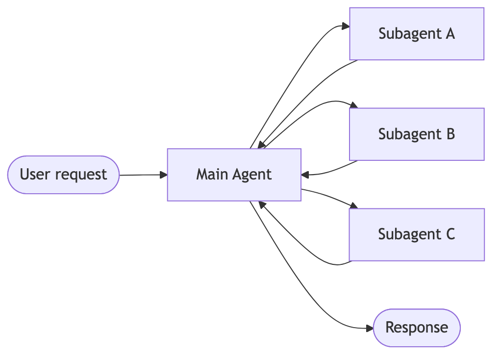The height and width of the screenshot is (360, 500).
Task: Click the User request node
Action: point(64,175)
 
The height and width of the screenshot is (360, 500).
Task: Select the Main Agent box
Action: point(234,175)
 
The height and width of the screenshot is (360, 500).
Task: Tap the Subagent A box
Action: point(417,34)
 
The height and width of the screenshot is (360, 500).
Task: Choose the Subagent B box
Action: point(417,134)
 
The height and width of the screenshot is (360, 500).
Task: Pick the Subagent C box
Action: point(417,234)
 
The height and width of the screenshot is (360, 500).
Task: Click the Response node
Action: point(417,328)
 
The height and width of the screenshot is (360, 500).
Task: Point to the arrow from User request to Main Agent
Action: point(142,175)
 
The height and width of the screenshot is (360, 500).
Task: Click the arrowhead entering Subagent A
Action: point(345,26)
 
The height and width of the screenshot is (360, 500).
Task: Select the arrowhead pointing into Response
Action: point(369,328)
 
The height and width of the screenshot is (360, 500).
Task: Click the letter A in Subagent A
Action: point(450,34)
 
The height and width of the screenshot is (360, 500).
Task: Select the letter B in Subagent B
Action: point(450,134)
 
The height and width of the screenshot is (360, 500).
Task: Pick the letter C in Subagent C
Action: point(450,234)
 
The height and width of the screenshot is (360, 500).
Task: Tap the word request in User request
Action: point(81,175)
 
